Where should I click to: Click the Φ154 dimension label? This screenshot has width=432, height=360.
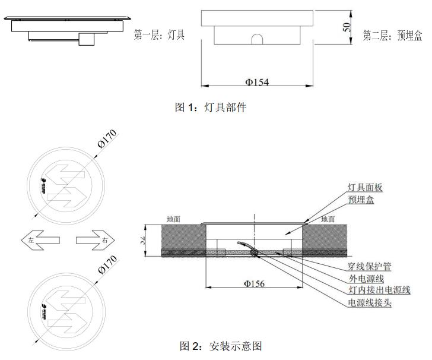coord(257,82)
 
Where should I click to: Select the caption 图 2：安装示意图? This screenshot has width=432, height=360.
coord(220,345)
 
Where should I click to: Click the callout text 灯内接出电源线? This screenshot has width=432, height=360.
coord(377,290)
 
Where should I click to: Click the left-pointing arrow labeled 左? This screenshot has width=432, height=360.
coord(40,241)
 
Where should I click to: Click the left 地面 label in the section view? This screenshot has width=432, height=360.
coord(174,219)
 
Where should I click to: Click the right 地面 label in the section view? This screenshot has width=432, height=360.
coord(328,219)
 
